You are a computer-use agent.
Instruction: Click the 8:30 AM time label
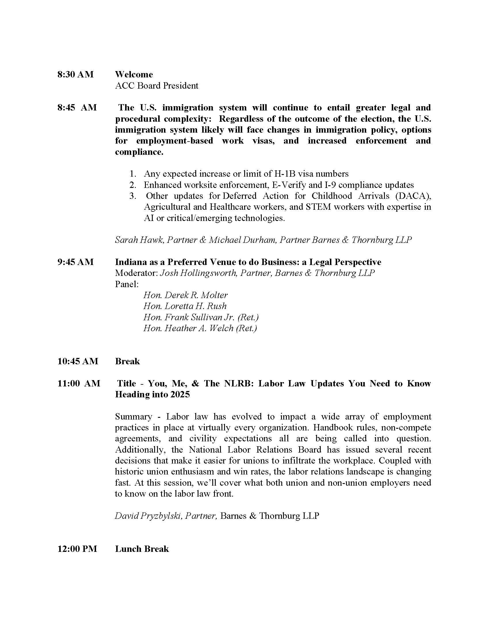[75, 75]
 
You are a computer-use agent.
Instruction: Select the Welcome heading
[134, 75]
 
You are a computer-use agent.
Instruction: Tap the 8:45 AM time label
[77, 108]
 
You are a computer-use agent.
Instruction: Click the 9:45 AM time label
[75, 262]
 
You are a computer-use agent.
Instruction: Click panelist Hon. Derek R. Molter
[186, 295]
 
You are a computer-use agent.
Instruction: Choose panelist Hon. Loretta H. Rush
[185, 306]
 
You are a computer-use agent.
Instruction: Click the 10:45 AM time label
[78, 361]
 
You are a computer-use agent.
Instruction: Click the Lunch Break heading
[142, 549]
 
